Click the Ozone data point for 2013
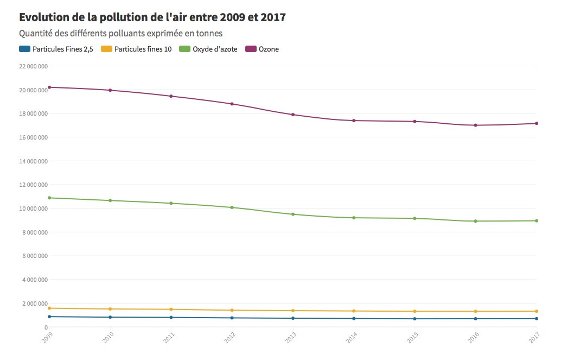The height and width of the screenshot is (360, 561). click(x=293, y=115)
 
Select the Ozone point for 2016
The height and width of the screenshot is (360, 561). click(x=476, y=125)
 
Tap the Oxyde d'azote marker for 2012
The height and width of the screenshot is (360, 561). click(x=232, y=207)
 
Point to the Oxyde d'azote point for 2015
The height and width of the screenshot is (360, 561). click(x=415, y=218)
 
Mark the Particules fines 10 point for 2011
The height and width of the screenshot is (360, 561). click(x=171, y=310)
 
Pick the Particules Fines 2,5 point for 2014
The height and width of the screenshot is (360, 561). click(x=354, y=318)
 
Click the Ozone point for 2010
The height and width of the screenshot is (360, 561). click(x=110, y=90)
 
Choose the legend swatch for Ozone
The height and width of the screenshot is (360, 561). click(x=251, y=49)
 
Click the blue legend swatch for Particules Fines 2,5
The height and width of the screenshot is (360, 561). click(x=24, y=49)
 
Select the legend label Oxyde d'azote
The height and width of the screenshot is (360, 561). click(x=215, y=49)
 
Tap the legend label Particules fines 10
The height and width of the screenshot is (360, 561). click(x=143, y=49)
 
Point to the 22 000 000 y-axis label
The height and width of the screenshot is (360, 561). click(x=34, y=66)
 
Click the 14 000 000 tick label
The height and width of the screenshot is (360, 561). click(x=34, y=161)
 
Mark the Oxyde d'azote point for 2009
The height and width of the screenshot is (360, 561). click(x=49, y=198)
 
